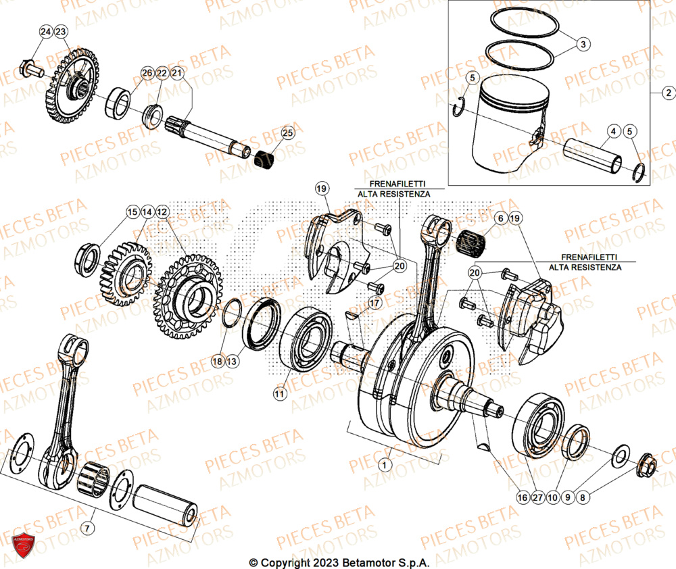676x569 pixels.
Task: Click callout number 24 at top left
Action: point(45,32)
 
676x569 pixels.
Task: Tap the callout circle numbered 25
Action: point(288,133)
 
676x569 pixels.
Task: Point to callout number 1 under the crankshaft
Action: point(385,465)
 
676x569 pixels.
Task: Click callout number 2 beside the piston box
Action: point(667,93)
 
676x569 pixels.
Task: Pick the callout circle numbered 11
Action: point(279,391)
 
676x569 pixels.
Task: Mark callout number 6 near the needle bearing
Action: point(500,218)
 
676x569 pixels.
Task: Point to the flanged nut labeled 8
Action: point(646,466)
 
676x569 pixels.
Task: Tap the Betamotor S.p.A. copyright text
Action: point(339,562)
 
